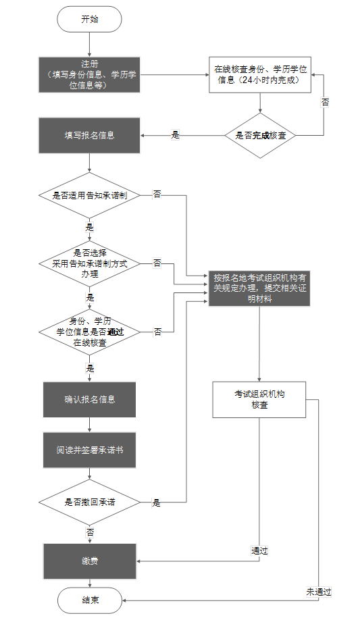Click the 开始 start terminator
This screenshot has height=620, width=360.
[89, 20]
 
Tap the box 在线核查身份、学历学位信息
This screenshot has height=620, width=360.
[260, 74]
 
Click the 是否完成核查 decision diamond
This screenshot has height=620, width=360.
[260, 135]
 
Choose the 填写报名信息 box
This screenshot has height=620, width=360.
[89, 135]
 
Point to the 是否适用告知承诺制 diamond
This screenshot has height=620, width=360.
[89, 195]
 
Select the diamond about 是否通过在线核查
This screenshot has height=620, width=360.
[89, 332]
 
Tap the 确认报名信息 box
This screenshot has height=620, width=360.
[89, 399]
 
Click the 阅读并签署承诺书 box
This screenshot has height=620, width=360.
[89, 449]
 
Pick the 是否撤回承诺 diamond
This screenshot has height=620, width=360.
[89, 502]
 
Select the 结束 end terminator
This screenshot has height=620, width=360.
[89, 600]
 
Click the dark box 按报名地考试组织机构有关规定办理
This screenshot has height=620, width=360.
[260, 288]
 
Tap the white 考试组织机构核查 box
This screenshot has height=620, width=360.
[260, 399]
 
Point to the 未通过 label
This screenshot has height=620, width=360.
[319, 592]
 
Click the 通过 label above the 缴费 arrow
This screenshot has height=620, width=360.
[259, 551]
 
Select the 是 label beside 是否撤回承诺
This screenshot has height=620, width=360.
[156, 503]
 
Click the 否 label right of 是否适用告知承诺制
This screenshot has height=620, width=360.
[157, 195]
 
